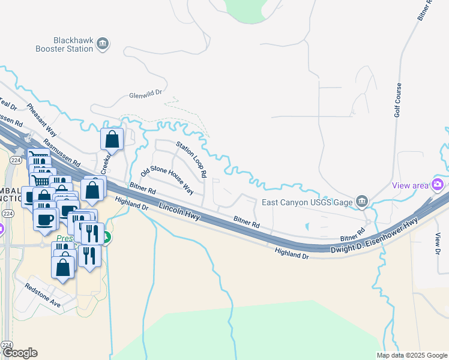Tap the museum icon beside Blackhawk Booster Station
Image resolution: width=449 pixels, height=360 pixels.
(x=103, y=43)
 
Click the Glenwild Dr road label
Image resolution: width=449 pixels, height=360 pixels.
(x=146, y=95)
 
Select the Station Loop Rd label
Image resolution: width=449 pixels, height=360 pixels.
(x=191, y=160)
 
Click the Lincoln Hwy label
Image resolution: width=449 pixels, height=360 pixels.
(x=179, y=212)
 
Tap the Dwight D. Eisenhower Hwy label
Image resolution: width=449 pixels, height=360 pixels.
(x=373, y=235)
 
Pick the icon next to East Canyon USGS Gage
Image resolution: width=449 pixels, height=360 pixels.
(x=361, y=202)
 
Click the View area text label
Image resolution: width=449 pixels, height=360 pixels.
(x=411, y=185)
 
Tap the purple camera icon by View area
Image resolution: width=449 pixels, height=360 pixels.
(x=439, y=184)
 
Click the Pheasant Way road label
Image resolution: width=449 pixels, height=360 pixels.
(x=41, y=120)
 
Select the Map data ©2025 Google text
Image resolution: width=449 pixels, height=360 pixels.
(x=411, y=355)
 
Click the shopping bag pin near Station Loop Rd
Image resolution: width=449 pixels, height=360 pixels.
(x=112, y=140)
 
